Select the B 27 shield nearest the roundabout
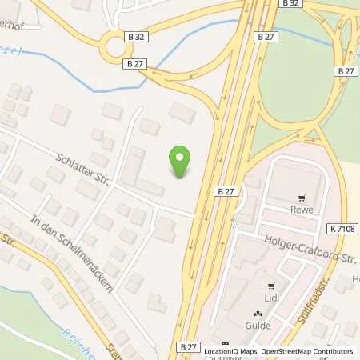[136, 63]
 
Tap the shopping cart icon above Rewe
[301, 199]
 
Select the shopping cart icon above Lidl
[272, 286]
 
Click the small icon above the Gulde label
[257, 314]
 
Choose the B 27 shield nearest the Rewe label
[225, 192]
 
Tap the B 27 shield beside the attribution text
[187, 346]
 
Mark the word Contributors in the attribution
[331, 351]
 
